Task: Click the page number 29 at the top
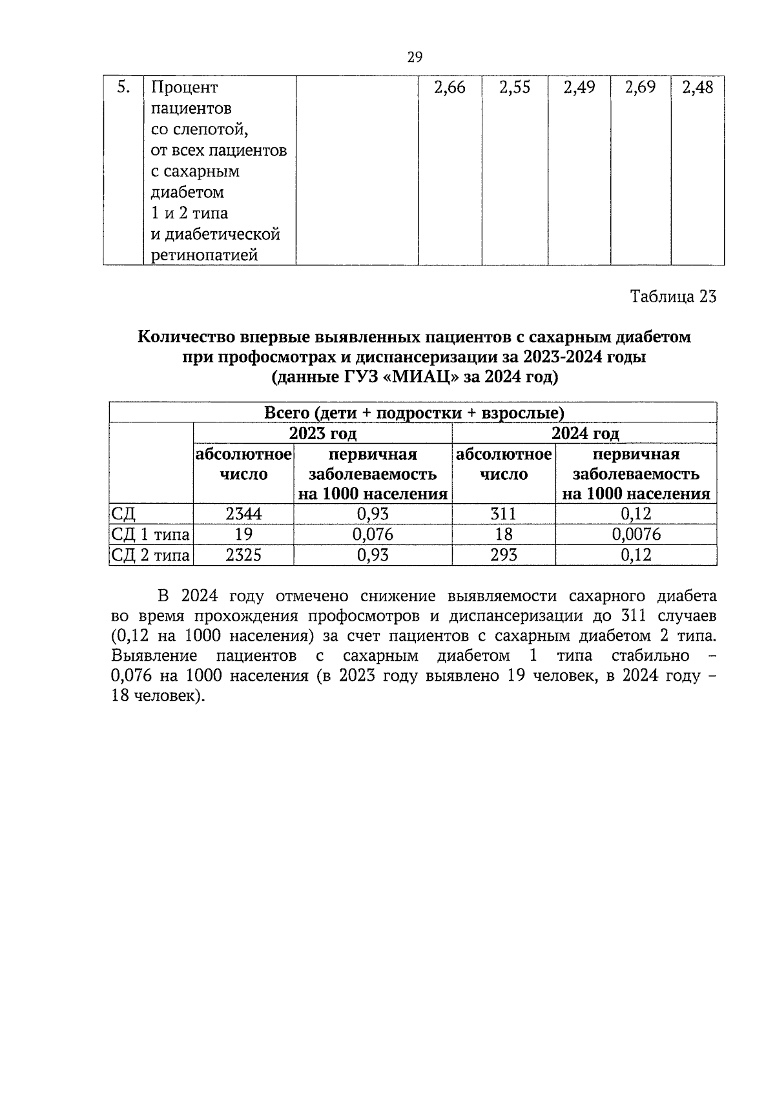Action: tap(415, 57)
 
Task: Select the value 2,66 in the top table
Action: tap(449, 88)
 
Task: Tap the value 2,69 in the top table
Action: tap(640, 88)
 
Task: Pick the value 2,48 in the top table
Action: tap(697, 88)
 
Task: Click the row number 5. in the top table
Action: tap(123, 87)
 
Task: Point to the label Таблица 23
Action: tap(673, 296)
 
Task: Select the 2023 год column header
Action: tap(322, 433)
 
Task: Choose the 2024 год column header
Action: tap(584, 433)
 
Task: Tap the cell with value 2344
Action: tap(243, 514)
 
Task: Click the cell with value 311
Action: tap(504, 514)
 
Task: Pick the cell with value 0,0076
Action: tap(635, 534)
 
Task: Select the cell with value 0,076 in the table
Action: tap(373, 534)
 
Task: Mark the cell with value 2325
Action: tap(243, 555)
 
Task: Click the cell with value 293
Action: tap(504, 555)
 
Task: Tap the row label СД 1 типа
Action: tap(150, 535)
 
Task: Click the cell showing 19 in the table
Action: tap(243, 534)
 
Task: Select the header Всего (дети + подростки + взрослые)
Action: tap(413, 413)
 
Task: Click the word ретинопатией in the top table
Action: tap(204, 255)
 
